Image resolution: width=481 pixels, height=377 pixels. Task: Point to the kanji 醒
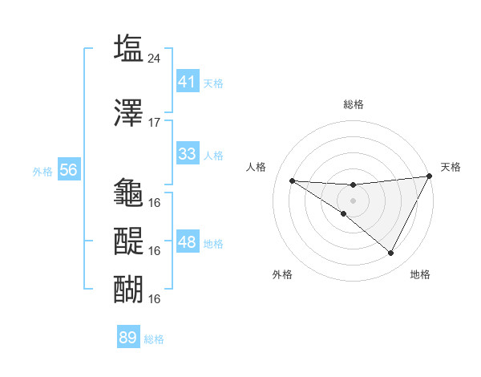click(x=129, y=240)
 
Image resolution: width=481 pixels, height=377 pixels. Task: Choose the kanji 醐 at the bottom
click(x=129, y=288)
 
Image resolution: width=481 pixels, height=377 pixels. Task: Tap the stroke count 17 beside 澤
click(x=155, y=123)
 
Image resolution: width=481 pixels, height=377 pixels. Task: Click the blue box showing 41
click(x=187, y=81)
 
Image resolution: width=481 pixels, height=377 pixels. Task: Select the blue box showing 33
click(x=187, y=154)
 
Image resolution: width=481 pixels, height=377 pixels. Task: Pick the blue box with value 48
click(x=187, y=242)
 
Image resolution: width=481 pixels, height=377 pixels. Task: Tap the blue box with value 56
click(x=68, y=170)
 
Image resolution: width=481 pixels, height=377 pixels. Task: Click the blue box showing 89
click(x=128, y=338)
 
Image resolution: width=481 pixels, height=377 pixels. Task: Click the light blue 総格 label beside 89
click(x=154, y=339)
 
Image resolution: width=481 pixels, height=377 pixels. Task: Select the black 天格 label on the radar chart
click(x=451, y=167)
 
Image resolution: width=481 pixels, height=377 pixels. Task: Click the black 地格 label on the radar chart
click(x=420, y=274)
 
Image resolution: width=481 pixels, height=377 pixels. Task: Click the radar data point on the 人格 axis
click(x=292, y=180)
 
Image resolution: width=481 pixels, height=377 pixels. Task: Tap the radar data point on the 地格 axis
click(x=391, y=253)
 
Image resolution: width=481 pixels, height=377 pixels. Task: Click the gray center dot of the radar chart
click(x=353, y=200)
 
